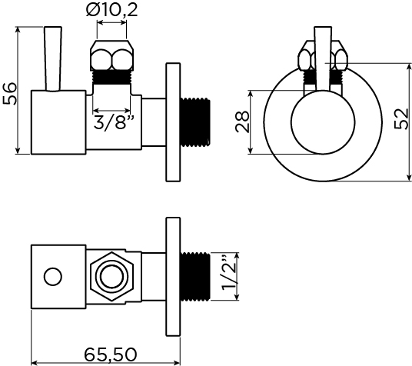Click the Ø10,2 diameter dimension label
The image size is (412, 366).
[111, 11]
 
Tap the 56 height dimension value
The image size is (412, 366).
[10, 94]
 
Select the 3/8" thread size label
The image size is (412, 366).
[115, 122]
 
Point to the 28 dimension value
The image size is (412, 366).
[241, 121]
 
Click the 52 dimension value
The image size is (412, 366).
[401, 118]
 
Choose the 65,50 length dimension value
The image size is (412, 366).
[111, 354]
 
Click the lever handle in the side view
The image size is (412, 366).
[53, 58]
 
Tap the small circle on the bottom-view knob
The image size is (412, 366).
[53, 277]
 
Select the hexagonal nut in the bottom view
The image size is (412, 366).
[111, 277]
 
